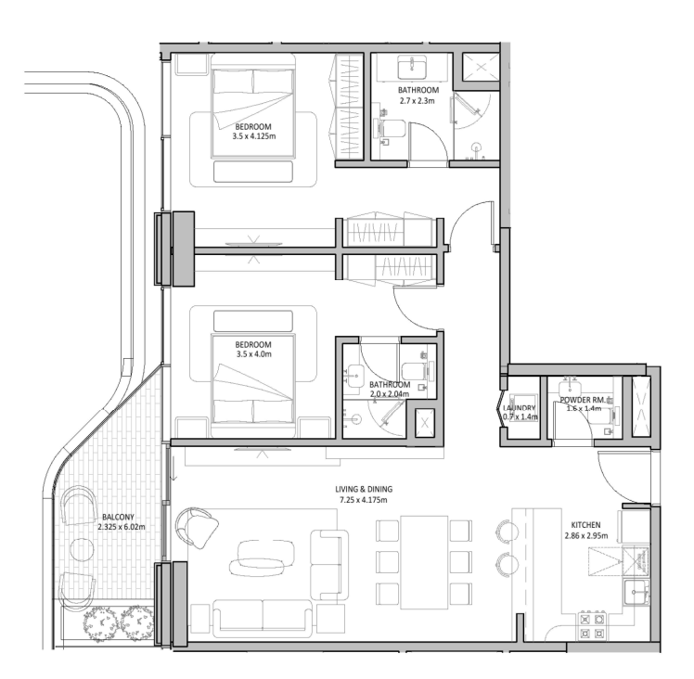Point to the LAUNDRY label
pyautogui.click(x=519, y=407)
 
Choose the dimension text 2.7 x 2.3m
pyautogui.click(x=416, y=99)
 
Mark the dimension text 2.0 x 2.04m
pyautogui.click(x=390, y=393)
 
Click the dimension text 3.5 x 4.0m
pyautogui.click(x=253, y=354)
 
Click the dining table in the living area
pyautogui.click(x=423, y=561)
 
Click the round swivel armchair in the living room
pyautogui.click(x=199, y=527)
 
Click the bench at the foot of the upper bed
pyautogui.click(x=253, y=173)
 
